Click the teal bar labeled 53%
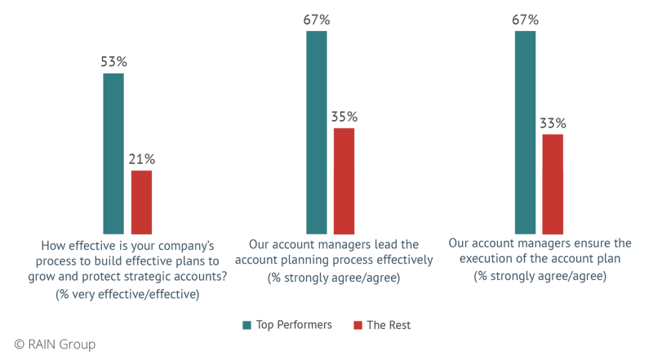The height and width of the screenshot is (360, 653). pyautogui.click(x=113, y=153)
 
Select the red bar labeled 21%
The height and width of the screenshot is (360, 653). pyautogui.click(x=141, y=202)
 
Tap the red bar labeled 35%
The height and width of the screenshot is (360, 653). pyautogui.click(x=344, y=180)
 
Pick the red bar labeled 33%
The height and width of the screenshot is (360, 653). pyautogui.click(x=553, y=183)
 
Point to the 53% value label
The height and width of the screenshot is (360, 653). pyautogui.click(x=113, y=62)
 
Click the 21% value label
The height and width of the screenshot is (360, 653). pyautogui.click(x=142, y=158)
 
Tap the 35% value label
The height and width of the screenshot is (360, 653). pyautogui.click(x=344, y=117)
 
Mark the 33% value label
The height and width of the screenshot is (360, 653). pyautogui.click(x=553, y=123)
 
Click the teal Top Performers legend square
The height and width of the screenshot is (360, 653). pyautogui.click(x=247, y=326)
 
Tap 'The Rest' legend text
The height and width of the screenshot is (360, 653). pyautogui.click(x=389, y=326)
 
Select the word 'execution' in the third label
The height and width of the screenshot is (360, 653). pyautogui.click(x=502, y=259)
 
